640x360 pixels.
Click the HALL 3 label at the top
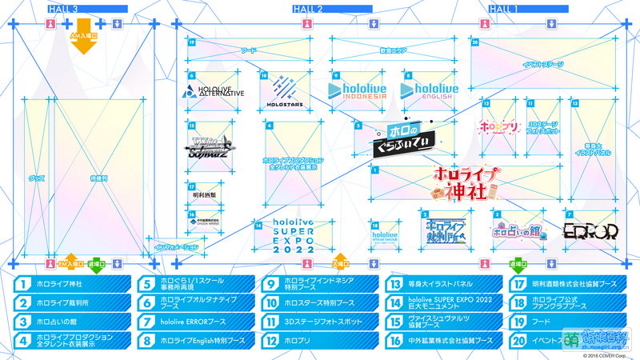tap(63, 8)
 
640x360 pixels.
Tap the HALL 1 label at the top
tap(503, 8)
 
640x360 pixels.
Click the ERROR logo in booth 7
tap(590, 232)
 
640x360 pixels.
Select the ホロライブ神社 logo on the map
tap(466, 182)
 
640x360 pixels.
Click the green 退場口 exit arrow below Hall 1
tap(519, 265)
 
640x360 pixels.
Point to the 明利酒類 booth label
tap(205, 194)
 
